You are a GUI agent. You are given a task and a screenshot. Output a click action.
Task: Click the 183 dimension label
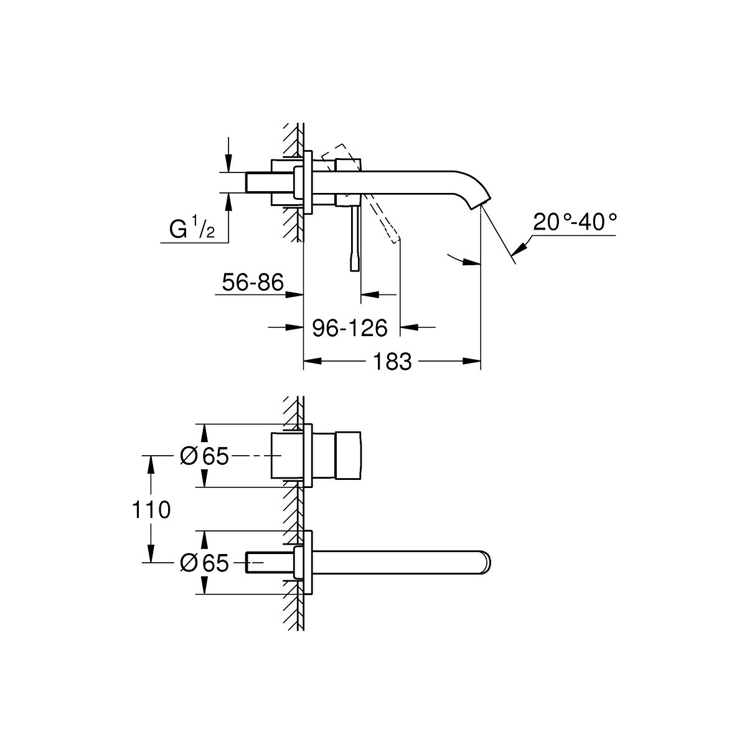[x=392, y=362]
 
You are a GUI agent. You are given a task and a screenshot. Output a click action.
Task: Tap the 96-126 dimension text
[x=350, y=328]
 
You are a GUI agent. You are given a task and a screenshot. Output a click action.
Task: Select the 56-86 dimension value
[x=253, y=282]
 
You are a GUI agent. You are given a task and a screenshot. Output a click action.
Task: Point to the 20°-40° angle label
[x=575, y=222]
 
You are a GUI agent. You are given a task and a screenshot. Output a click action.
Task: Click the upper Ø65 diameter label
[x=204, y=456]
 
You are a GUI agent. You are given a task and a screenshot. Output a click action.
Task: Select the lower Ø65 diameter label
[x=204, y=563]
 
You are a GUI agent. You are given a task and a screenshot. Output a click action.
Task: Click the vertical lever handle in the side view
[x=355, y=238]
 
